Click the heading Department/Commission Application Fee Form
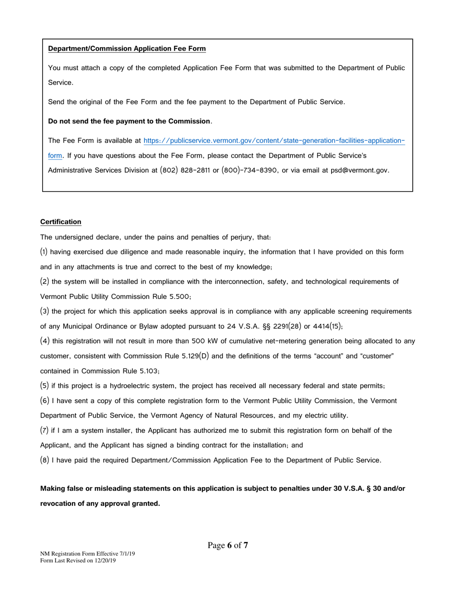coord(127,49)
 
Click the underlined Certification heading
coord(60,222)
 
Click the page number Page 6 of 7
coord(228,545)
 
